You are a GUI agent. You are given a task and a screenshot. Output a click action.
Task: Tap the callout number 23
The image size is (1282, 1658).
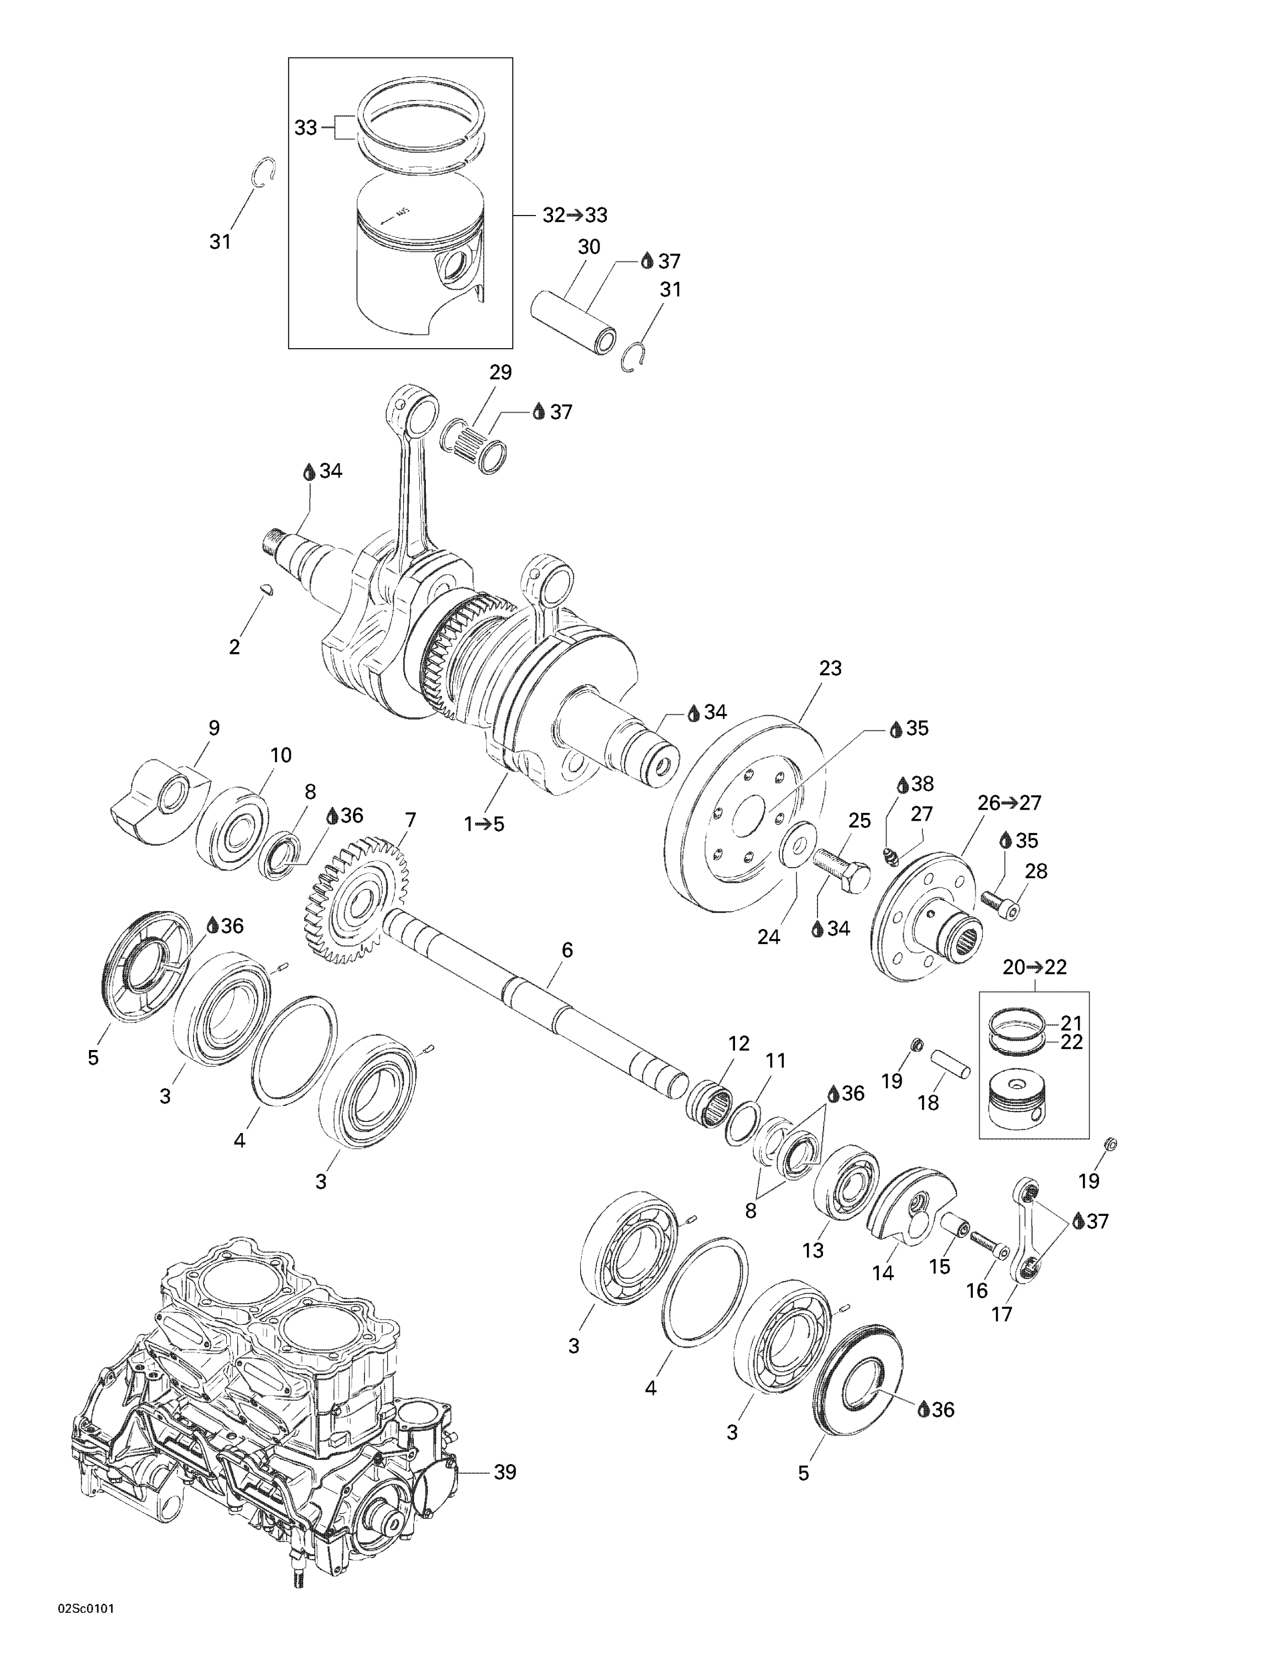tap(830, 669)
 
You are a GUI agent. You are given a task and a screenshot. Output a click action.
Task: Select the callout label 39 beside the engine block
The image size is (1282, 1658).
tap(504, 1472)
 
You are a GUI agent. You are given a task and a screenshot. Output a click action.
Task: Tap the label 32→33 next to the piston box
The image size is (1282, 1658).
tap(575, 216)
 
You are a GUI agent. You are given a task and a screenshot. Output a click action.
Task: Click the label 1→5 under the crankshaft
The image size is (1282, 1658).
tap(484, 823)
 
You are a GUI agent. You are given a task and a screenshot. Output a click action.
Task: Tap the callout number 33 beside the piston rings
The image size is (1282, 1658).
tap(305, 128)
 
